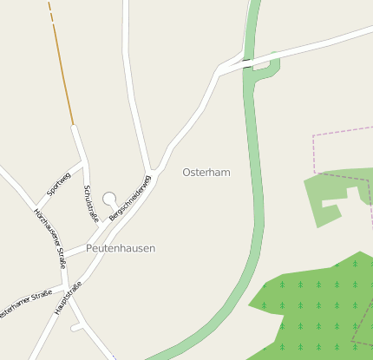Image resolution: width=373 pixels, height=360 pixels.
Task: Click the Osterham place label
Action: pos(206,173)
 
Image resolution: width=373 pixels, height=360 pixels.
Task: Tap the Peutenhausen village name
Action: pos(121,248)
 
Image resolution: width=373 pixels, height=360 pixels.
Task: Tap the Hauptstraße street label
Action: pos(68,298)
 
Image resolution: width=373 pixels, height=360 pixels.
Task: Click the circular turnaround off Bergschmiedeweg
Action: pos(109,199)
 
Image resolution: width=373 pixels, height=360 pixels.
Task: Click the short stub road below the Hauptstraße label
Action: pos(76,328)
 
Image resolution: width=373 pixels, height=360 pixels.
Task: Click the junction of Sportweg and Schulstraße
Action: pos(84,162)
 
